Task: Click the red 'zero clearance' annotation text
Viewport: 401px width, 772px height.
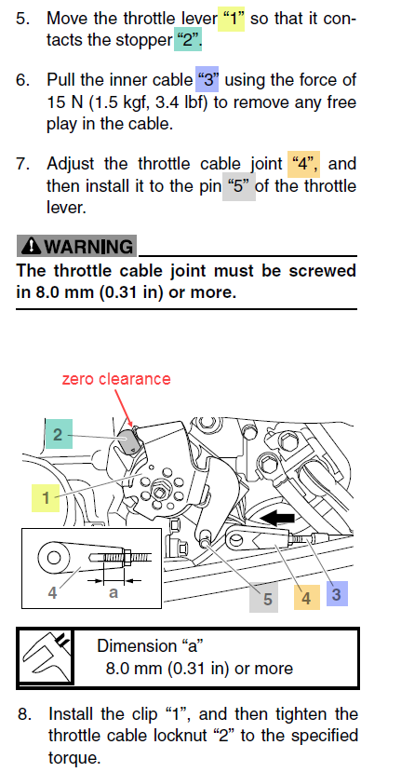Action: (x=116, y=379)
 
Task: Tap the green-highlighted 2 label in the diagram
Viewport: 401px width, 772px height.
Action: (x=59, y=434)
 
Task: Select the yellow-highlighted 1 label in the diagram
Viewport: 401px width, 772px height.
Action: (x=46, y=498)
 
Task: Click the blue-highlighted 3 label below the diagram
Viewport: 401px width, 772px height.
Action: (x=337, y=594)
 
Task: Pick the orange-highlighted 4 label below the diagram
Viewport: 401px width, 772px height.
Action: (x=306, y=597)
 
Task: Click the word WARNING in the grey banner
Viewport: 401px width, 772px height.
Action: (x=88, y=246)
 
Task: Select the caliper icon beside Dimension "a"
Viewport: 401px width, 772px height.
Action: (x=46, y=657)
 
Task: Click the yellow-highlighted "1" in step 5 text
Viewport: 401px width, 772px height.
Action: (x=231, y=19)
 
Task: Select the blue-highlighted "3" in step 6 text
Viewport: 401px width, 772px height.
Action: (x=207, y=79)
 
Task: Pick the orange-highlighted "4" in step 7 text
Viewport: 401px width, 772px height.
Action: (x=303, y=164)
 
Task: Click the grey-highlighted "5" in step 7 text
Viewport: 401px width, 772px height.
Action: (x=238, y=186)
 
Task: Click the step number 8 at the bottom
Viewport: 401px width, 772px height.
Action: (x=24, y=714)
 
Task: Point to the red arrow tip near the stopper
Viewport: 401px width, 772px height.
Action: (x=131, y=426)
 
